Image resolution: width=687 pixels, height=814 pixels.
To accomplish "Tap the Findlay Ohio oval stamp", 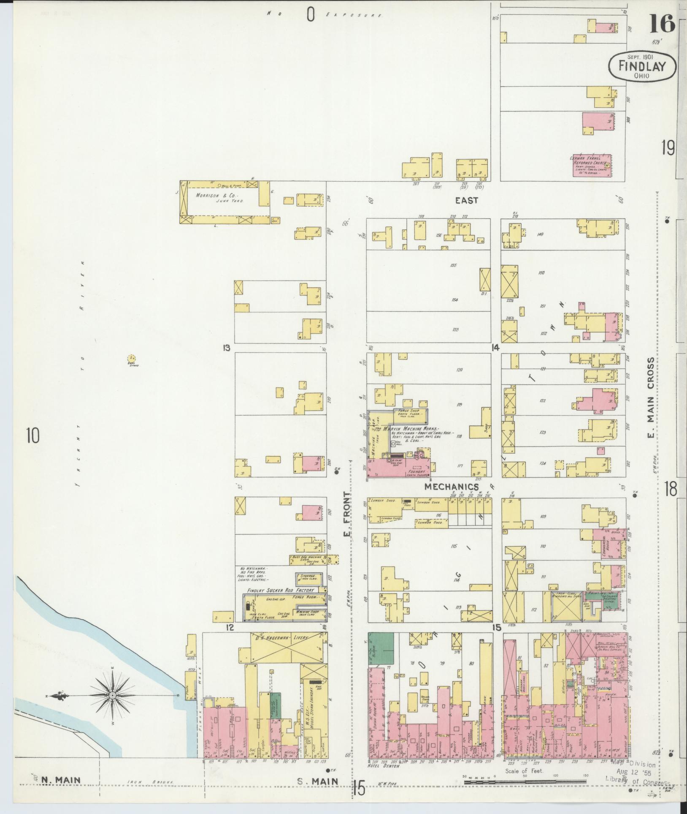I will click(642, 67).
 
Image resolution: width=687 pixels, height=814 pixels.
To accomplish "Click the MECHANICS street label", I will click(452, 486).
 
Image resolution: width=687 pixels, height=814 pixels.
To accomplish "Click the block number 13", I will click(227, 348).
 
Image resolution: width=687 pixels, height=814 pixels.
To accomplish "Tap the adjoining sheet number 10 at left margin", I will click(32, 436).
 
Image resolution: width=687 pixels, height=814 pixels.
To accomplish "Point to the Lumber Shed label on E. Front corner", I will click(383, 500).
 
